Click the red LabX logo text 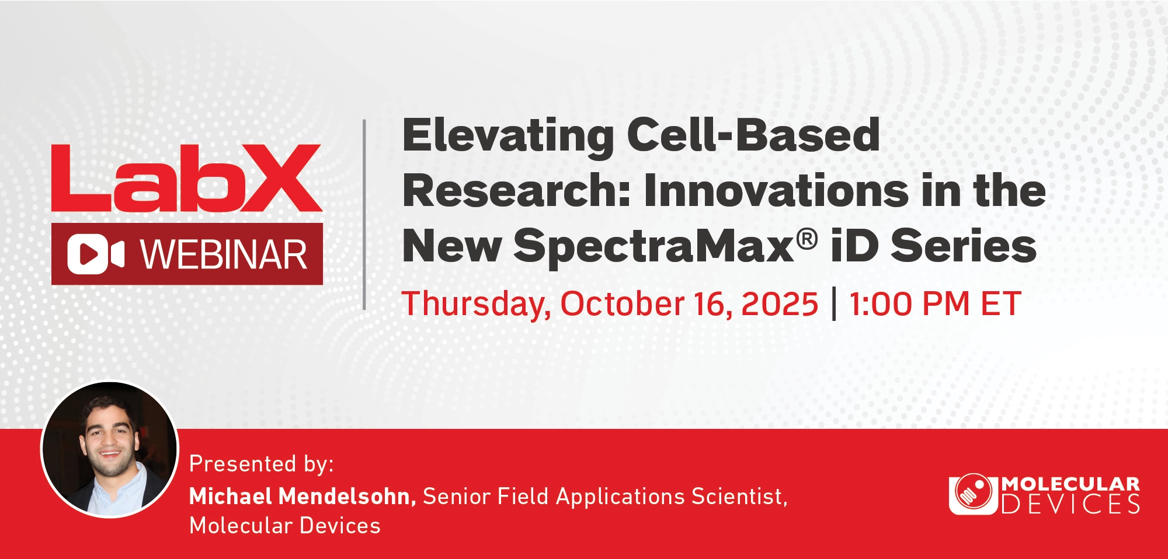pyautogui.click(x=187, y=178)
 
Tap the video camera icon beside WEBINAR pyautogui.click(x=96, y=254)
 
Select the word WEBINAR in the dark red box pyautogui.click(x=224, y=255)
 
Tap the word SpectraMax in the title pyautogui.click(x=653, y=247)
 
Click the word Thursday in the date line pyautogui.click(x=476, y=305)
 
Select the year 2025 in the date pyautogui.click(x=780, y=304)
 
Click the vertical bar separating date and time pyautogui.click(x=834, y=304)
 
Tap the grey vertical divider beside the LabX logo pyautogui.click(x=364, y=214)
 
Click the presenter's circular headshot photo pyautogui.click(x=109, y=449)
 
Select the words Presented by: pyautogui.click(x=262, y=464)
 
